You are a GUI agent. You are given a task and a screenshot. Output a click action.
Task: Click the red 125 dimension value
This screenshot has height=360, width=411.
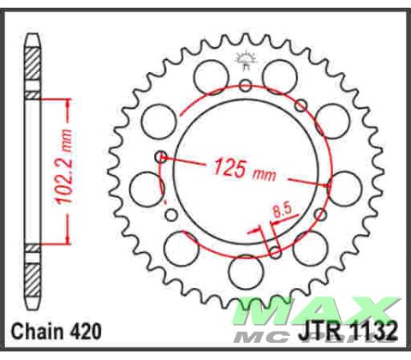tap(230, 167)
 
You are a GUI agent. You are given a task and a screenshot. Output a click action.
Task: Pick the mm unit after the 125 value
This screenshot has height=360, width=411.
tap(263, 174)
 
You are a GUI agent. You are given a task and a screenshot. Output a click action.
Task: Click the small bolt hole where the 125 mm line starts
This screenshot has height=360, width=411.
tap(160, 157)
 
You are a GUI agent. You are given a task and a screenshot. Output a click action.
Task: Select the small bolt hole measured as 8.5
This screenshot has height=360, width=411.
tap(274, 251)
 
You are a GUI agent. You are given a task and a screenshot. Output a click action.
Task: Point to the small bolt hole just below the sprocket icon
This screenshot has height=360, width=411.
tap(246, 84)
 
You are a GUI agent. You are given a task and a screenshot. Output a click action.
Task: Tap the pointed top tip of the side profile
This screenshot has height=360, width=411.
tap(33, 38)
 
